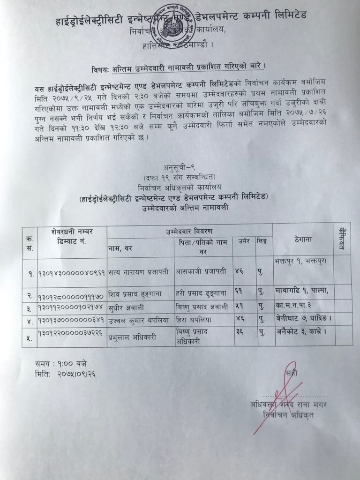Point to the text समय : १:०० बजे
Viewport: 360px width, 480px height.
[60, 363]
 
